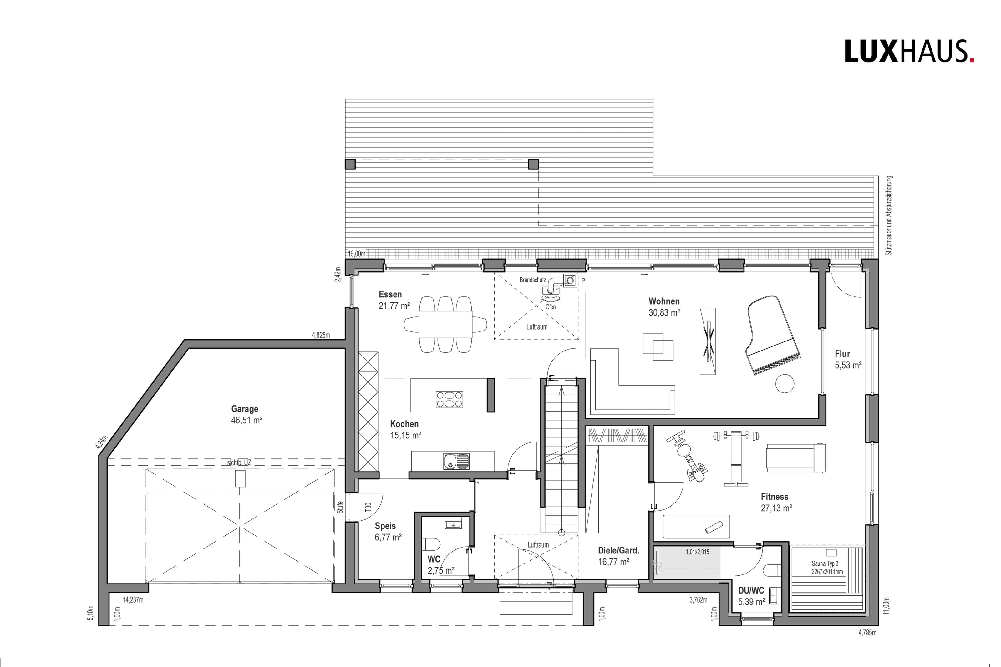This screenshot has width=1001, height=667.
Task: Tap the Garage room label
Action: [x=245, y=409]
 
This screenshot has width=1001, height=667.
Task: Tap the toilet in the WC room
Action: [x=432, y=544]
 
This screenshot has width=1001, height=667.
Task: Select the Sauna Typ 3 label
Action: [x=826, y=563]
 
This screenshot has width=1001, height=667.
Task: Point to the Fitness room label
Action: [x=775, y=497]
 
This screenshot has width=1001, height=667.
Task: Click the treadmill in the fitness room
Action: [x=796, y=458]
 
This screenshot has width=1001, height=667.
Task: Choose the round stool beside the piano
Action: [x=785, y=383]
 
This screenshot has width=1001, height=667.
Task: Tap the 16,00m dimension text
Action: [x=357, y=254]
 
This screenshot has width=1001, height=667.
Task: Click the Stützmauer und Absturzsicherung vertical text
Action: [x=889, y=216]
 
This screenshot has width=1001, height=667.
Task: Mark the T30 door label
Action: [x=368, y=507]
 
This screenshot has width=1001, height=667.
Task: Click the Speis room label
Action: [x=385, y=526]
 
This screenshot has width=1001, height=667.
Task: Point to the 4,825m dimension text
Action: [x=321, y=335]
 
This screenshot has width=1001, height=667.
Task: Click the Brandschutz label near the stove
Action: [x=533, y=280]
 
